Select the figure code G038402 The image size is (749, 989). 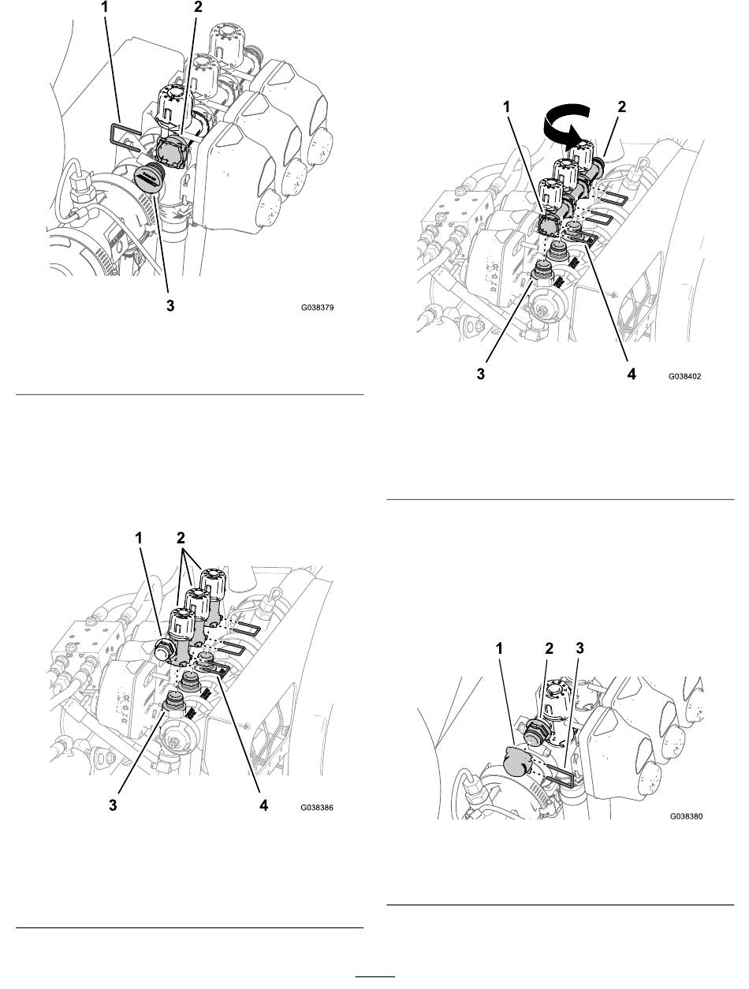(x=684, y=377)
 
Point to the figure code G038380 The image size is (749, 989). (x=684, y=818)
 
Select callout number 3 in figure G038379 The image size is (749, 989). (x=170, y=307)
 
